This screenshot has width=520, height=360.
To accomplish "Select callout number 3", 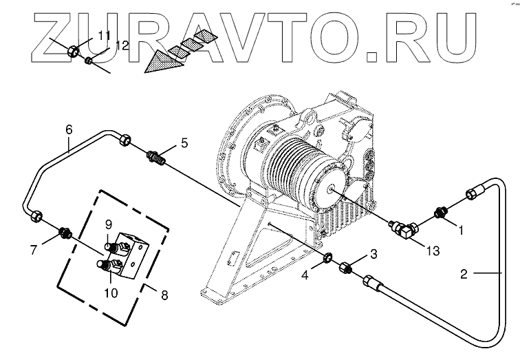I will pyautogui.click(x=373, y=255).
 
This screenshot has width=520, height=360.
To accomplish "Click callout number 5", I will pyautogui.click(x=184, y=142).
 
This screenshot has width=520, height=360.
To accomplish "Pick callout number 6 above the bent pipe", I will pyautogui.click(x=69, y=129).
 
